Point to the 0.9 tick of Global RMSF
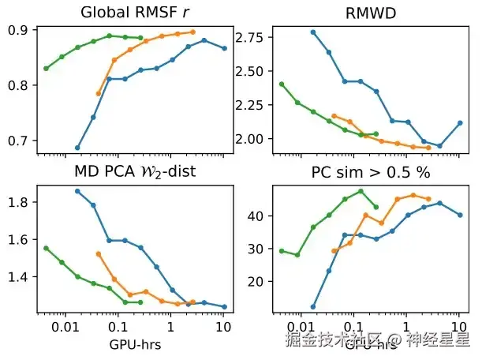[x=17, y=30]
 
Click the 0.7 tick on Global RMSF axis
[x=17, y=141]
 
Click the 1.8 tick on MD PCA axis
[x=17, y=202]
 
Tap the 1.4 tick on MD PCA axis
[x=17, y=277]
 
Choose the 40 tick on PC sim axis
[x=257, y=216]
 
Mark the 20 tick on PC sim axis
[x=257, y=281]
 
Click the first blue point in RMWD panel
[x=313, y=32]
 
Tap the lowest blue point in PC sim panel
[x=313, y=307]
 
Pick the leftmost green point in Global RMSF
[x=46, y=68]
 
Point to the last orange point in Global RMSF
[x=192, y=32]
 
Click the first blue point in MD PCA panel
[x=77, y=191]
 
